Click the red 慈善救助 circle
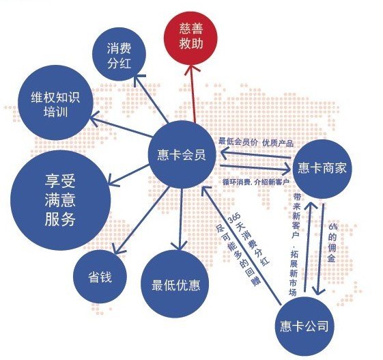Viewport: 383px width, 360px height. point(190,36)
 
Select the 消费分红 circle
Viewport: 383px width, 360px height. point(119,54)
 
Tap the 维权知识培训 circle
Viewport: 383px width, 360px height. point(56,102)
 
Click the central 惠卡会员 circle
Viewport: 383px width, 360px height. point(182,154)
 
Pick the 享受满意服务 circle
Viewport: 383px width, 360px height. point(60,200)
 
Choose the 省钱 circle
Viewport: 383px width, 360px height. point(100,277)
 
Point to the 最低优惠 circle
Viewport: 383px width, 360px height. point(175,284)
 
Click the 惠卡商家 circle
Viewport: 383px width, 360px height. point(322,169)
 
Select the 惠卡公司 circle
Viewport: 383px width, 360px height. point(304,326)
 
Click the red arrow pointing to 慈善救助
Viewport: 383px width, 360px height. point(193,94)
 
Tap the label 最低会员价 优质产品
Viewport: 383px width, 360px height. point(256,143)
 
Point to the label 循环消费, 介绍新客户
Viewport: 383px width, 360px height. point(256,182)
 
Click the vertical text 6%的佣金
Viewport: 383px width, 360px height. point(332,243)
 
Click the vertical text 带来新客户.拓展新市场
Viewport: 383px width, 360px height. point(295,245)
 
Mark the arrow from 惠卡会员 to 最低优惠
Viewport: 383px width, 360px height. point(180,219)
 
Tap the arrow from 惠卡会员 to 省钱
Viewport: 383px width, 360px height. point(140,220)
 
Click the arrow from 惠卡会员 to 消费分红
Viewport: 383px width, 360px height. point(151,97)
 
